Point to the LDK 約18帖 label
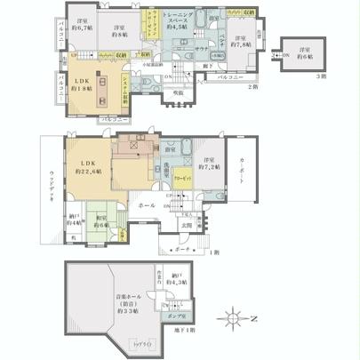coord(84,84)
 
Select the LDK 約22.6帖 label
coord(87,169)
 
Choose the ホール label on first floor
coord(145,205)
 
